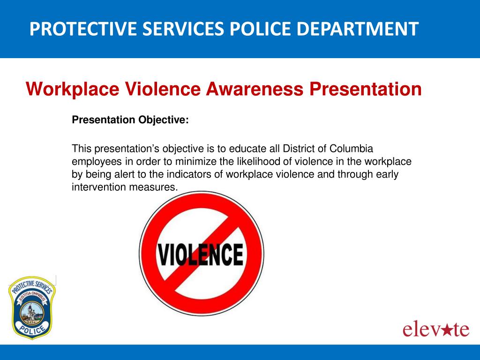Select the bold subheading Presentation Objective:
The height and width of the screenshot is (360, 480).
130,120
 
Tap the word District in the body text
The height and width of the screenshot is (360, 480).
300,149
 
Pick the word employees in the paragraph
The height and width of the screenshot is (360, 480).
95,162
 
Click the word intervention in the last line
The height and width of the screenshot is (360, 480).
99,187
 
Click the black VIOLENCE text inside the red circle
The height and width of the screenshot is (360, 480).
200,254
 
